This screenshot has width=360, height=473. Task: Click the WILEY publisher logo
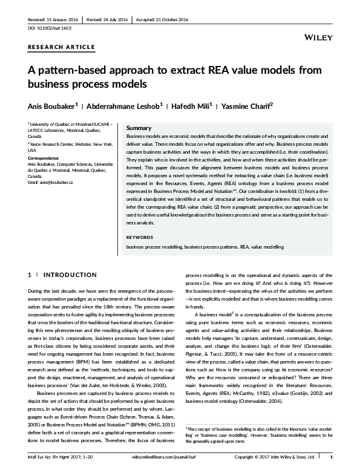coord(321,38)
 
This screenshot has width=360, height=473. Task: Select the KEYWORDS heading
coord(140,236)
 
